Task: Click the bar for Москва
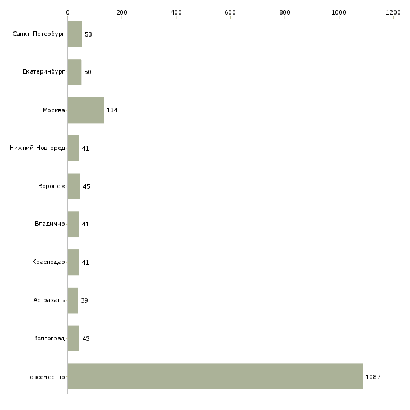click(86, 110)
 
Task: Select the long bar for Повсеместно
click(215, 376)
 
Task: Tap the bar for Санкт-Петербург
click(75, 34)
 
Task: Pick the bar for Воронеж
click(74, 186)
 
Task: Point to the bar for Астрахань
click(73, 300)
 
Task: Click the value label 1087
click(373, 377)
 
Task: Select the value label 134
click(112, 110)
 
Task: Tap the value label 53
click(88, 34)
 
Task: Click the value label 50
click(88, 72)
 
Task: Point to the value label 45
click(86, 186)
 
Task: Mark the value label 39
click(84, 300)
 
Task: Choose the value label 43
click(86, 339)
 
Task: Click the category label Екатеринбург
click(43, 72)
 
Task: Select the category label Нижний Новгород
click(38, 148)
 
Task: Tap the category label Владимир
click(49, 224)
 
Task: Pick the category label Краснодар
click(48, 262)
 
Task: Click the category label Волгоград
click(49, 338)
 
